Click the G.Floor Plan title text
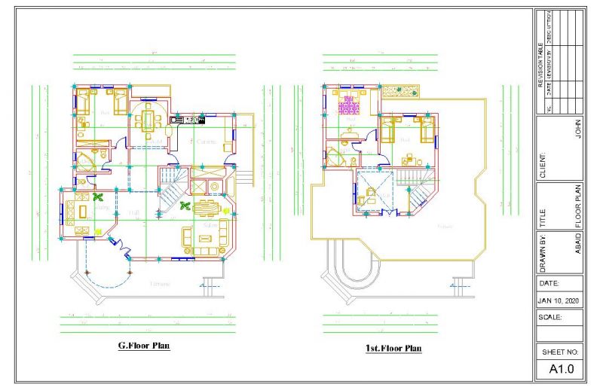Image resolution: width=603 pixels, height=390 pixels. click(x=143, y=346)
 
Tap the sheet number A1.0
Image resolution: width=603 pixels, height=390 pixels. click(x=561, y=369)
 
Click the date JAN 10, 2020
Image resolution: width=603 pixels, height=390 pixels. click(x=560, y=300)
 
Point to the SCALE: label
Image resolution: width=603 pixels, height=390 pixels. click(x=552, y=318)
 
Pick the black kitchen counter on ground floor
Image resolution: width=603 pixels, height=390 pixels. click(x=187, y=119)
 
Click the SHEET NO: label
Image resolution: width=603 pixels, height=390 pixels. click(x=560, y=352)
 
